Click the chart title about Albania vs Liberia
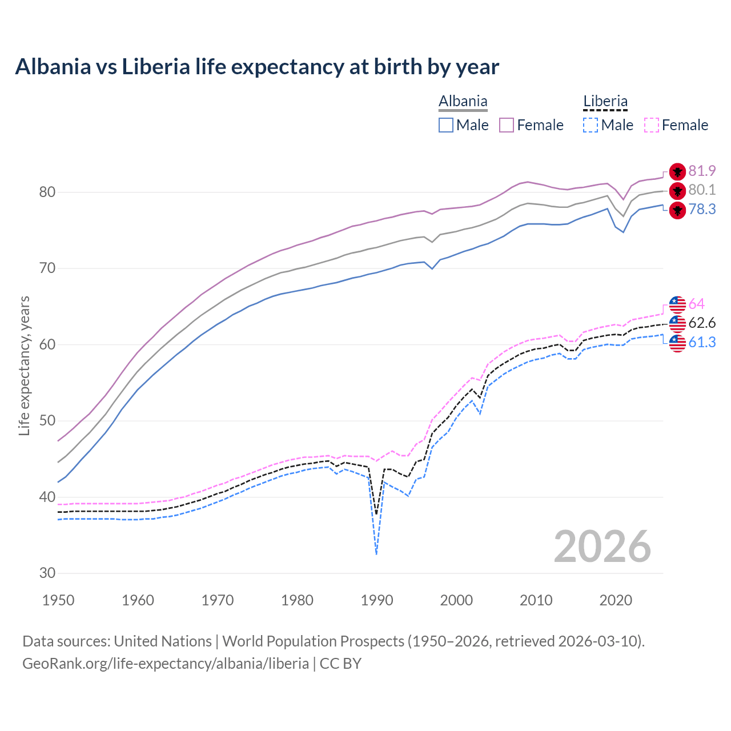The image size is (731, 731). click(x=257, y=67)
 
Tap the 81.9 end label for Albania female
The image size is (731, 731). click(x=702, y=171)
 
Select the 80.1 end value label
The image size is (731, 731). click(x=702, y=190)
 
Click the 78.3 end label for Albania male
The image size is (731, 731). click(x=702, y=209)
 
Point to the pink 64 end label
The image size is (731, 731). click(x=696, y=304)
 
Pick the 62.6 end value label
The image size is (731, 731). click(x=702, y=323)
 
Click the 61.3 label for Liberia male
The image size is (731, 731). click(x=702, y=342)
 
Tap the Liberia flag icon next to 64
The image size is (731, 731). click(x=677, y=304)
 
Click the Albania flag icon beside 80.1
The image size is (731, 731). click(x=677, y=191)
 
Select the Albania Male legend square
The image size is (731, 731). click(x=446, y=125)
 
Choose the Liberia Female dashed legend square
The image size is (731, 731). click(x=652, y=125)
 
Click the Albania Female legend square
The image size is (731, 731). click(x=507, y=125)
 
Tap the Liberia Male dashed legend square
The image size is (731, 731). click(x=591, y=125)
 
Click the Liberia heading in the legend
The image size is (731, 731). click(x=605, y=102)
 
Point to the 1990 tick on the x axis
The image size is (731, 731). click(x=377, y=600)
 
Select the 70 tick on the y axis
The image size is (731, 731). click(x=47, y=268)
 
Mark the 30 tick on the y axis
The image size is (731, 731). click(x=47, y=573)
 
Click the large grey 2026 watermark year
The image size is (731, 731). click(x=603, y=547)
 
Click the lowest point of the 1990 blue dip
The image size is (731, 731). click(x=376, y=554)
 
